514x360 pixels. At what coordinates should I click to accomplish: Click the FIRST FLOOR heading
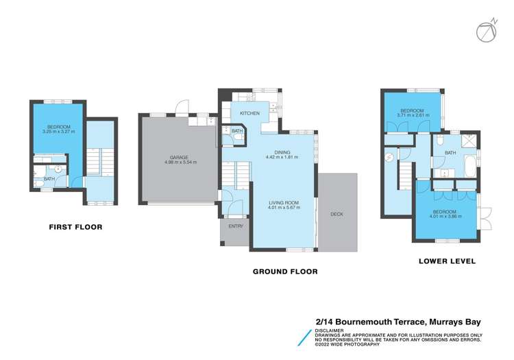(x=75, y=226)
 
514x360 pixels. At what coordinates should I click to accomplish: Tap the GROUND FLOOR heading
(x=285, y=272)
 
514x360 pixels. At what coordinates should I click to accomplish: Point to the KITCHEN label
(x=249, y=113)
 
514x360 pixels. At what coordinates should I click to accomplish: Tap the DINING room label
(x=282, y=153)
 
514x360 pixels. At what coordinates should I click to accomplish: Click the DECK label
(x=336, y=214)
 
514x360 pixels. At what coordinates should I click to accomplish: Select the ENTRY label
(x=236, y=226)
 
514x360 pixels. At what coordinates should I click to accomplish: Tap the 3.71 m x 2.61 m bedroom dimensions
(x=413, y=115)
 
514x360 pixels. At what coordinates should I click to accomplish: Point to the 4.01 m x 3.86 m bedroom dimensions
(x=445, y=217)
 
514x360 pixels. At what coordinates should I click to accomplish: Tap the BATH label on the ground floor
(x=236, y=131)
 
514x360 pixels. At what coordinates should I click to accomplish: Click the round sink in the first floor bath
(x=58, y=168)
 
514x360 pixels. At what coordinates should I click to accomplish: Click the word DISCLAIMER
(x=330, y=329)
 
